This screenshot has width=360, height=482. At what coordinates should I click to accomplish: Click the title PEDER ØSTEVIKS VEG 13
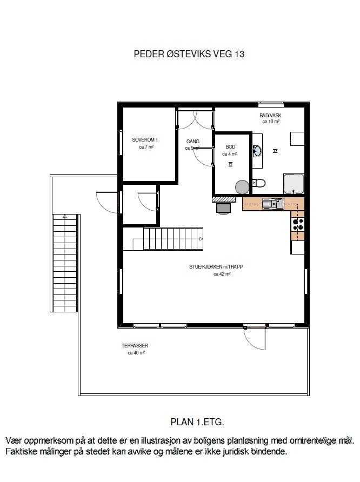click(189, 54)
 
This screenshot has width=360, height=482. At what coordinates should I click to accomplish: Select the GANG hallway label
click(193, 142)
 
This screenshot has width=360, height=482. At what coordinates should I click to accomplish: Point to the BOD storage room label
click(230, 147)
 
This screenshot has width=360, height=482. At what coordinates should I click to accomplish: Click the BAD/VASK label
click(270, 116)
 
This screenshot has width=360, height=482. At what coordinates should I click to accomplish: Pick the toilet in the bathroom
click(259, 183)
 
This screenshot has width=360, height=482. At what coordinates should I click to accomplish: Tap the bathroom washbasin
click(258, 151)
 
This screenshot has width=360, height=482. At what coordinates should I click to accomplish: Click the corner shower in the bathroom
click(294, 184)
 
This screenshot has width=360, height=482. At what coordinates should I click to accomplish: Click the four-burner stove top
click(298, 222)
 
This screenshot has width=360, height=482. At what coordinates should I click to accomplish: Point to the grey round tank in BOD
click(242, 186)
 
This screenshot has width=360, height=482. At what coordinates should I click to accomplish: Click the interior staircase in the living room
click(172, 238)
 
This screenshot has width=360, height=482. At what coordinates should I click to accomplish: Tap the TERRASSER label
click(135, 346)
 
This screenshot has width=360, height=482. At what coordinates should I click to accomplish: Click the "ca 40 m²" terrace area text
click(136, 353)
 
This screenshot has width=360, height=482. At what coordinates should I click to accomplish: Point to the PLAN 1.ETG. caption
click(197, 421)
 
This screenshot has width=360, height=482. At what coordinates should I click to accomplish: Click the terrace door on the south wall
click(254, 338)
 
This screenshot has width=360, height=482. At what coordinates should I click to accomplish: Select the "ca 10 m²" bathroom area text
click(270, 122)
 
